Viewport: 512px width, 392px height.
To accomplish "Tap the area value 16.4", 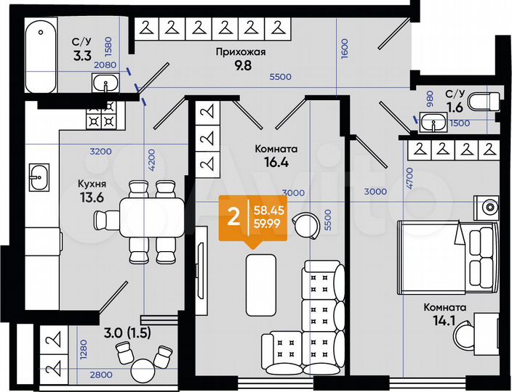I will pyautogui.click(x=276, y=163).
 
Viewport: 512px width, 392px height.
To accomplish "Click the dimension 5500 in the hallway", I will pyautogui.click(x=281, y=77).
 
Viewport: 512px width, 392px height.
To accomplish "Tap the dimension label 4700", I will pyautogui.click(x=410, y=178).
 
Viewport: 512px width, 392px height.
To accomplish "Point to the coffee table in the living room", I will pyautogui.click(x=260, y=284).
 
